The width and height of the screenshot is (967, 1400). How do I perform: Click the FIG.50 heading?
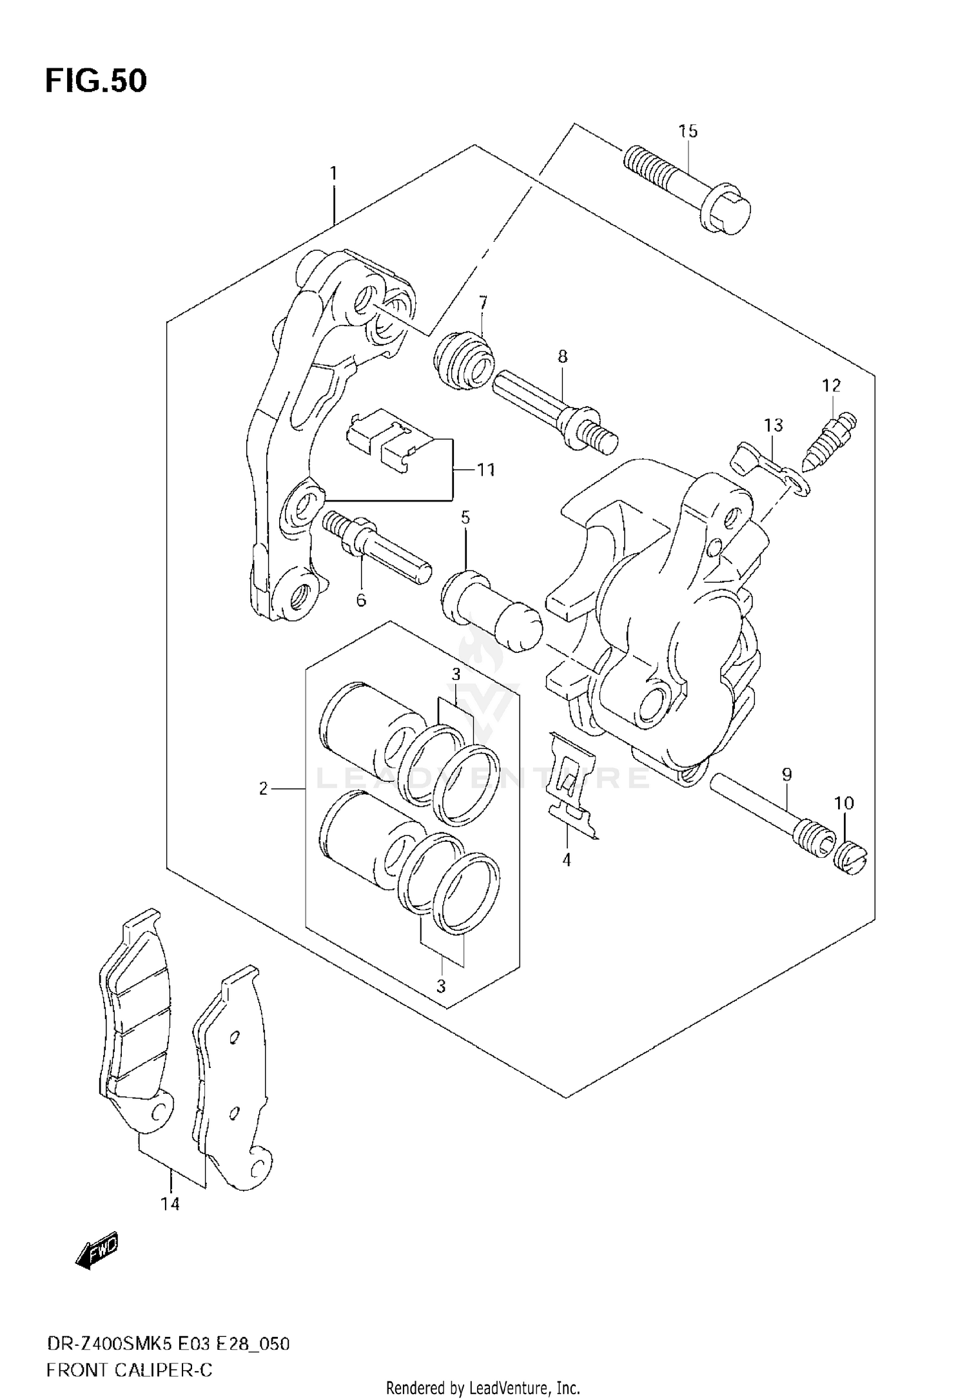(96, 81)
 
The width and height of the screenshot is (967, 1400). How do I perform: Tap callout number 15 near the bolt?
(688, 131)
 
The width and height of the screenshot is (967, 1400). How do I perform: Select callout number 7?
(482, 302)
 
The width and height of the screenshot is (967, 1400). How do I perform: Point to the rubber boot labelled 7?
(464, 360)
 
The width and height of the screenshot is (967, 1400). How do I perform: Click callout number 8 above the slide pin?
(563, 356)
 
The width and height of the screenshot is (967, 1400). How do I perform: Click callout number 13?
(774, 425)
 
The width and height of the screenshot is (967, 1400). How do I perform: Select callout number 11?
(485, 470)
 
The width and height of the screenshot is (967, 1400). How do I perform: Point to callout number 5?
(465, 517)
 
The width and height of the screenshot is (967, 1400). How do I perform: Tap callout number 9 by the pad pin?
(786, 775)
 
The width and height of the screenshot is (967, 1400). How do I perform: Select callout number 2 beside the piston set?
(263, 788)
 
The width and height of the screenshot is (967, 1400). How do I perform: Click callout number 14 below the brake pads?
(170, 1204)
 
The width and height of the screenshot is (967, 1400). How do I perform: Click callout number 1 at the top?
(333, 173)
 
